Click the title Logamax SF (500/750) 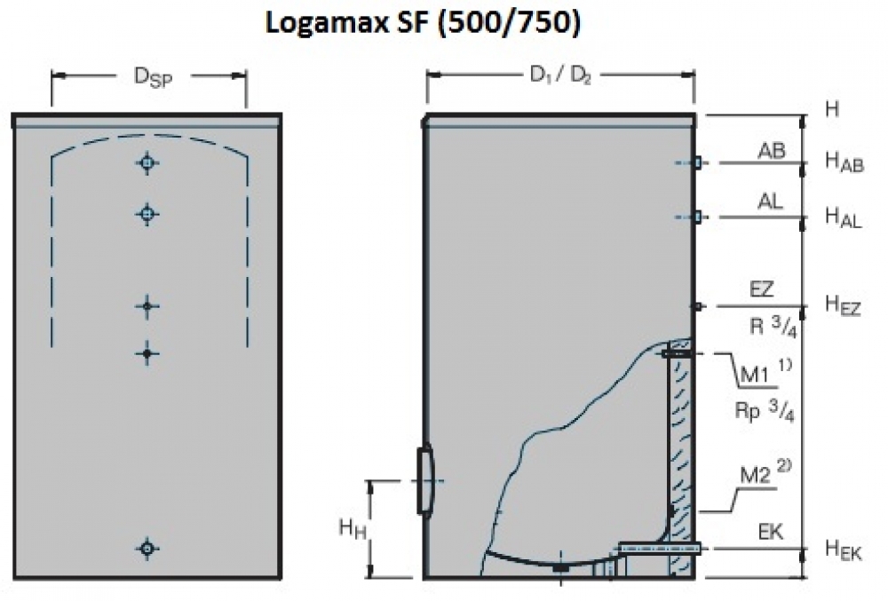pyautogui.click(x=422, y=25)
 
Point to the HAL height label pyautogui.click(x=843, y=217)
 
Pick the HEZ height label pyautogui.click(x=843, y=306)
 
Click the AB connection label pyautogui.click(x=771, y=151)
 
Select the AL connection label pyautogui.click(x=770, y=203)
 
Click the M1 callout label pyautogui.click(x=756, y=373)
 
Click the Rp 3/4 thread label pyautogui.click(x=760, y=412)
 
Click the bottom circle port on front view pyautogui.click(x=147, y=549)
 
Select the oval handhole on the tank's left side pyautogui.click(x=423, y=479)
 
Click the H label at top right pyautogui.click(x=832, y=109)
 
